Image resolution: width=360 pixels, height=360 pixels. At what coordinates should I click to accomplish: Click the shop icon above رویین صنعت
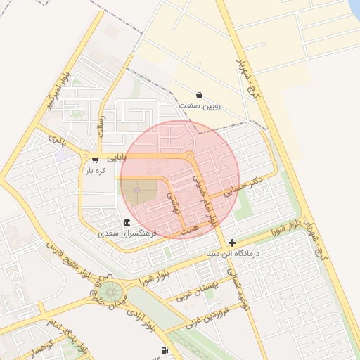tap(199, 96)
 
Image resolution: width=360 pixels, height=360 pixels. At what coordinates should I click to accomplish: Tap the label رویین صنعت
tap(202, 107)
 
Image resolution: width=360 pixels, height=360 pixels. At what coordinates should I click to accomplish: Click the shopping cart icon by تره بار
tap(95, 160)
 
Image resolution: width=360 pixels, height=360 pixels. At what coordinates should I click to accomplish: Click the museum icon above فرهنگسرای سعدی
tap(127, 222)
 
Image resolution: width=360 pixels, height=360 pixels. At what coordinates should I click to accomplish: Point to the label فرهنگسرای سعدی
tap(128, 233)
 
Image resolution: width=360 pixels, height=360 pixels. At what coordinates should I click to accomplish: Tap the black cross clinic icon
tap(232, 243)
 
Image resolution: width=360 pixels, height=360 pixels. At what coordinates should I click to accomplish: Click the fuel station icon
tap(165, 350)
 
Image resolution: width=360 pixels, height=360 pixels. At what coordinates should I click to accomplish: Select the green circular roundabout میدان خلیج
tap(109, 291)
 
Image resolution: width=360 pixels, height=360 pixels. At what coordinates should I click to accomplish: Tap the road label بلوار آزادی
tap(141, 320)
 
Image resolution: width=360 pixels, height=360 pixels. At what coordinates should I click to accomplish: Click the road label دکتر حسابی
tap(243, 186)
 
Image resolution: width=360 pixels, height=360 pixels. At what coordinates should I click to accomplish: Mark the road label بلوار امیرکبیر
tap(60, 92)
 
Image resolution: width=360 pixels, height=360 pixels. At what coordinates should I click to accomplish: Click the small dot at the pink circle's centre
tap(137, 190)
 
